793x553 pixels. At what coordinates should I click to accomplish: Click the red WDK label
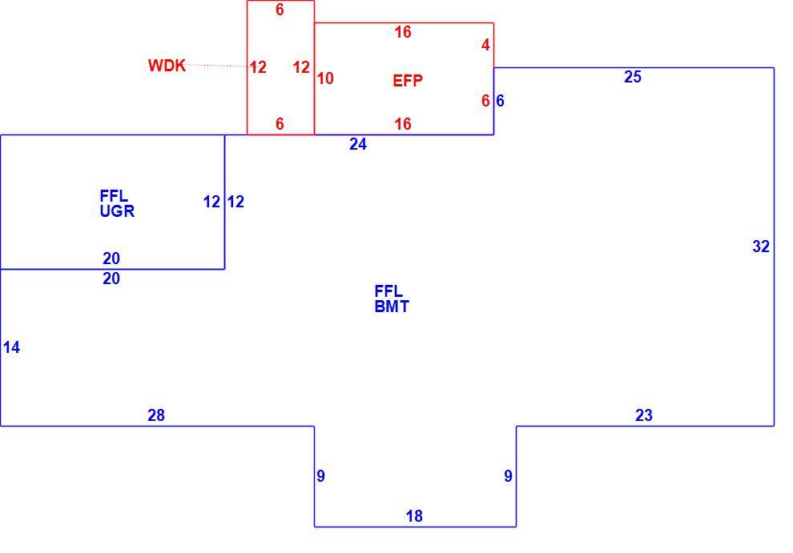point(167,66)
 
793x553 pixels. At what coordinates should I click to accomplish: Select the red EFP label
point(408,80)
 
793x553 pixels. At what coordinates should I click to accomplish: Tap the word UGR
point(117,210)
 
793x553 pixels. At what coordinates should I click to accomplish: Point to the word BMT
point(392,307)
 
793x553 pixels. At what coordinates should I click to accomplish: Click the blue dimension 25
point(633,77)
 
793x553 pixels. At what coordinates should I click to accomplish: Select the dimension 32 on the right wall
point(761,246)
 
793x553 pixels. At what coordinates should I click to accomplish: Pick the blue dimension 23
point(644,415)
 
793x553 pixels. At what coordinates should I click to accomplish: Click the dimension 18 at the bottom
point(414,516)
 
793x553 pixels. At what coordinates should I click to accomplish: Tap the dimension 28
point(156,415)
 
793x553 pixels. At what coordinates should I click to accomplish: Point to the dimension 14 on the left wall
point(12,347)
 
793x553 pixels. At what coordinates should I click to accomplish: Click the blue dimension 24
point(358,144)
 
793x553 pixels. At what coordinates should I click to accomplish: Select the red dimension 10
point(326,78)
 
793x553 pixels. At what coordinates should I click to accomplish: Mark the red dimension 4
point(485,45)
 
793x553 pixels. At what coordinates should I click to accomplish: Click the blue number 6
point(500,101)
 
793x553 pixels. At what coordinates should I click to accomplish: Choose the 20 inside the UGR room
point(111,258)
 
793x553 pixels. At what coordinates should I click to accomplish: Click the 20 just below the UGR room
point(111,279)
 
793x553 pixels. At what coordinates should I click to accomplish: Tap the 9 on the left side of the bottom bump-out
point(320,475)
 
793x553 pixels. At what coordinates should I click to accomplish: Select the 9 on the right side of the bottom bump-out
point(509,475)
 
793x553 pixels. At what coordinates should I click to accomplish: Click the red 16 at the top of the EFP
point(403,32)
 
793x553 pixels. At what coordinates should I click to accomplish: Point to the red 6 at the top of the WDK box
point(280,10)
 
